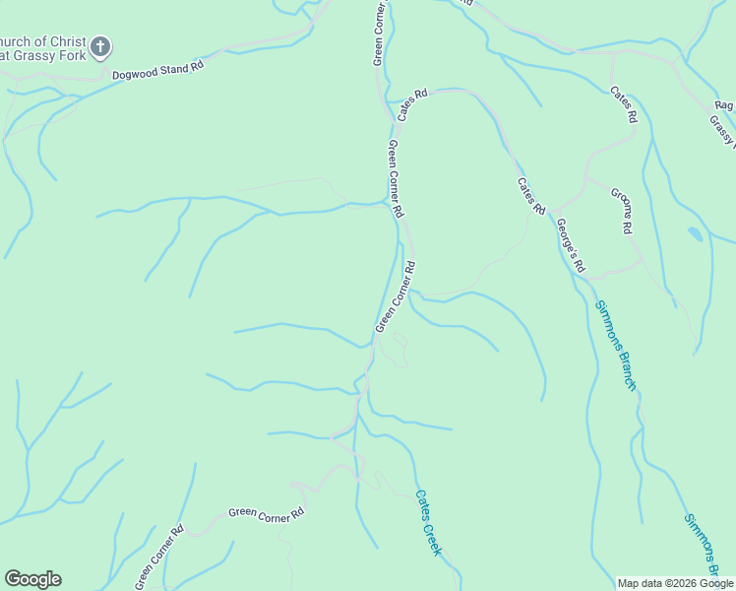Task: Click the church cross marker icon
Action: [100, 46]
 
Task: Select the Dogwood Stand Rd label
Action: [157, 70]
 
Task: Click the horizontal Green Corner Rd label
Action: [266, 512]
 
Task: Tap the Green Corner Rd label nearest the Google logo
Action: [159, 557]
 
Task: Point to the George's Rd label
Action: [571, 245]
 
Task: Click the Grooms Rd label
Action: [620, 210]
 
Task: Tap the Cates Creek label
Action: [428, 523]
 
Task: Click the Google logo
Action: [32, 579]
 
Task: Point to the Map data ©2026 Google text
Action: [676, 583]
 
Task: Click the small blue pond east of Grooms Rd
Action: [696, 233]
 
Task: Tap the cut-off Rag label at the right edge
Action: [725, 105]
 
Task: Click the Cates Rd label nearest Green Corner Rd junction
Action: [413, 105]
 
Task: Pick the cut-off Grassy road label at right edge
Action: [722, 132]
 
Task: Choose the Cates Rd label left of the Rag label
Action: [624, 104]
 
